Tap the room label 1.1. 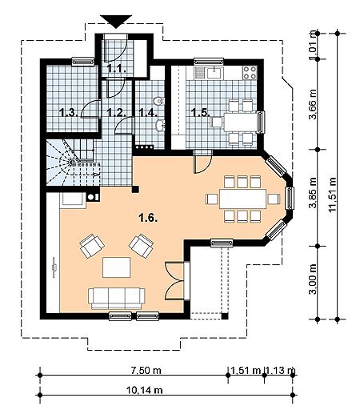pyautogui.click(x=117, y=70)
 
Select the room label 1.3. pyautogui.click(x=68, y=112)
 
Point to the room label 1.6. pyautogui.click(x=148, y=218)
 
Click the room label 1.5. pyautogui.click(x=201, y=112)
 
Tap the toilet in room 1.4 pyautogui.click(x=159, y=101)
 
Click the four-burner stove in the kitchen pyautogui.click(x=250, y=73)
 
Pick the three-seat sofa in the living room pyautogui.click(x=117, y=299)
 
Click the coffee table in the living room pyautogui.click(x=117, y=267)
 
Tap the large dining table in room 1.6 pyautogui.click(x=243, y=199)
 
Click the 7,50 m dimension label pyautogui.click(x=146, y=370)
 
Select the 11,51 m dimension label pyautogui.click(x=333, y=195)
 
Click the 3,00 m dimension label pyautogui.click(x=313, y=279)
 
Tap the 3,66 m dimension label pyautogui.click(x=313, y=104)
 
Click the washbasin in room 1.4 pyautogui.click(x=160, y=126)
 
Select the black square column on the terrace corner pyautogui.click(x=225, y=316)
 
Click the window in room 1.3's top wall pyautogui.click(x=83, y=62)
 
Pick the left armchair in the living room pyautogui.click(x=92, y=246)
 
